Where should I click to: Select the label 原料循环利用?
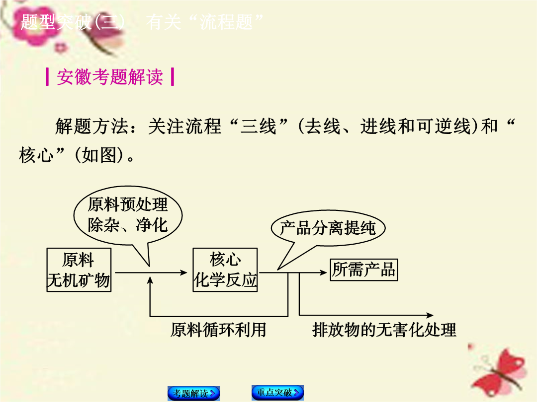coord(218,330)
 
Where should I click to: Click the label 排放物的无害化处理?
coord(384,330)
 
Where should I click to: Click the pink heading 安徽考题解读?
coord(110,77)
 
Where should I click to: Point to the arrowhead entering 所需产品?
coord(323,272)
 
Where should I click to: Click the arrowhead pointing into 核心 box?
coord(184,272)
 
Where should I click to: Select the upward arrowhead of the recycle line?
coord(150,280)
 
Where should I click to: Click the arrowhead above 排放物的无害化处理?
coord(430,315)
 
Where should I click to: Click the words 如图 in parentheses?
coord(99,155)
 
